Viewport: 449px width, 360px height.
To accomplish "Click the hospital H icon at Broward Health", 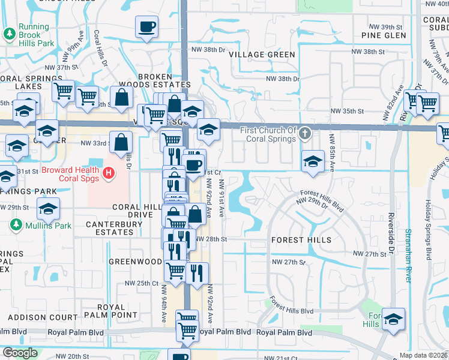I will coord(109,173).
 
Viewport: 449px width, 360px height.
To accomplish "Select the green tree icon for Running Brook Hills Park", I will coord(10,35).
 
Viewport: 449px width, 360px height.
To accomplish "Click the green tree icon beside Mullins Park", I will coord(16,226).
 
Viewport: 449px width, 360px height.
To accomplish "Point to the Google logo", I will coord(20,352).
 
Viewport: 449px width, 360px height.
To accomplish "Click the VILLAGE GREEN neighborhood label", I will coord(262,55).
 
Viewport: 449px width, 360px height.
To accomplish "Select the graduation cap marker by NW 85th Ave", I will coord(313,161).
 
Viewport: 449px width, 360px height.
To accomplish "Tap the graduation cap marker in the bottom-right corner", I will coord(393,319).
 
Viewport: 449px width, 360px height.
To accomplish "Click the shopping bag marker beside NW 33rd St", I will coord(121,143).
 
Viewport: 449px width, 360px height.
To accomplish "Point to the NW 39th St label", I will coord(384,27).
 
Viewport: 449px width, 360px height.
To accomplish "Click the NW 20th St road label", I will coord(73,356).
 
